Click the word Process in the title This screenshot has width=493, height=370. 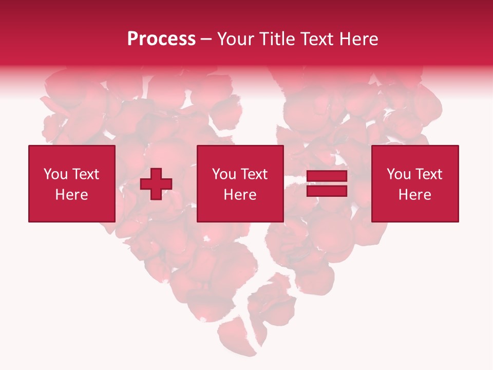pyautogui.click(x=161, y=39)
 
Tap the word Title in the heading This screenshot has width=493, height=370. pyautogui.click(x=278, y=39)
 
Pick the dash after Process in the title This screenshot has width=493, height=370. pyautogui.click(x=206, y=40)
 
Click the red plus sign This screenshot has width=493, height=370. pyautogui.click(x=156, y=184)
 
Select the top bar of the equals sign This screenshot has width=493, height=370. pyautogui.click(x=327, y=177)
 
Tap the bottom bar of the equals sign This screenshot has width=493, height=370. pyautogui.click(x=327, y=191)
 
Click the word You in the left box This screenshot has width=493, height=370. pyautogui.click(x=55, y=174)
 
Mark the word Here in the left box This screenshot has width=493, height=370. pyautogui.click(x=71, y=195)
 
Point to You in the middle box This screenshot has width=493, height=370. pyautogui.click(x=224, y=174)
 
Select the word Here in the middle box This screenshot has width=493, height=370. pyautogui.click(x=240, y=195)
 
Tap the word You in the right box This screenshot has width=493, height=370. pyautogui.click(x=399, y=174)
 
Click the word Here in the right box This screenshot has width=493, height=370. pyautogui.click(x=414, y=195)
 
